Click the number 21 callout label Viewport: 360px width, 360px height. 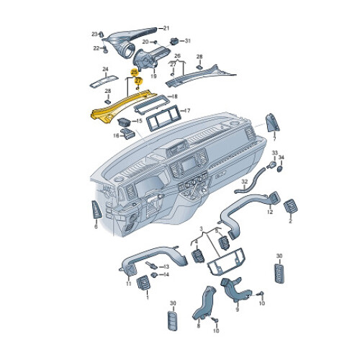(166, 28)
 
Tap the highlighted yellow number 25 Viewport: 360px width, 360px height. (134, 72)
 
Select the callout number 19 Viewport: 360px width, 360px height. (153, 76)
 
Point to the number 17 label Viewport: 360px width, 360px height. (186, 111)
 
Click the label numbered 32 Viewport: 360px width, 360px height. (244, 182)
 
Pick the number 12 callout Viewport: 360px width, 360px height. (270, 212)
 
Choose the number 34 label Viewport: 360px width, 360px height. (282, 158)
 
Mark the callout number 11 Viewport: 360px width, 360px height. (129, 284)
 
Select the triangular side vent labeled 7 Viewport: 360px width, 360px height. (272, 122)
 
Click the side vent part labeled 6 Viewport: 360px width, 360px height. (96, 210)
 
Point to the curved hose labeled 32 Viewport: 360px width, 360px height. (251, 179)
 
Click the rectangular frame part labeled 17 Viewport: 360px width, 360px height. (163, 117)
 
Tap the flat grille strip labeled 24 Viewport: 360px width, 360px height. (104, 81)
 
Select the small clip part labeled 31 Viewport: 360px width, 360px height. (174, 41)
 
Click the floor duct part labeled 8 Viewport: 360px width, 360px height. (204, 303)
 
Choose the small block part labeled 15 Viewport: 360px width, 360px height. (124, 122)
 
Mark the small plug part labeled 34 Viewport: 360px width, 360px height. (280, 168)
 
